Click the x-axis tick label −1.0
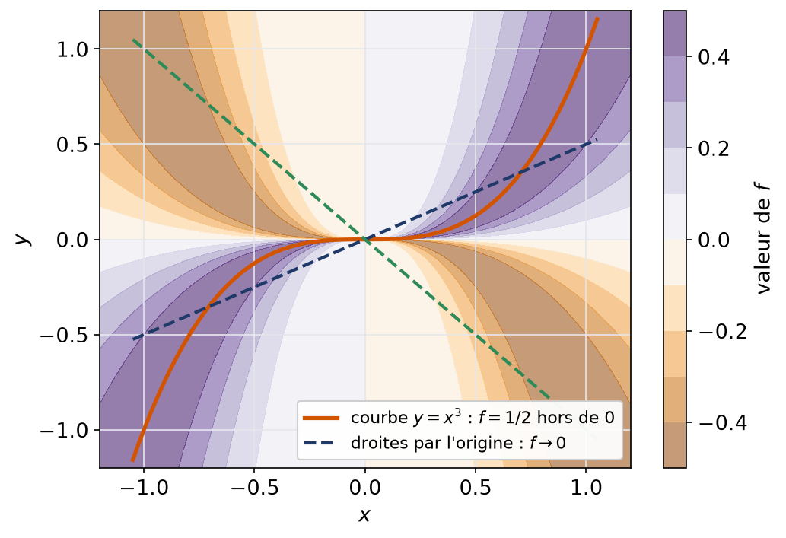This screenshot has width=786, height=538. tap(144, 487)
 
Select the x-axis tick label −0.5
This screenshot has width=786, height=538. tap(254, 487)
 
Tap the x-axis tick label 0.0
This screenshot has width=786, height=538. tap(365, 487)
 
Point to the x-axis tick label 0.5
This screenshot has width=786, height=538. tap(476, 487)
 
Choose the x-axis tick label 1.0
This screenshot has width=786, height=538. tap(585, 487)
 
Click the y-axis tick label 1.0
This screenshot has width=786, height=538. tap(72, 49)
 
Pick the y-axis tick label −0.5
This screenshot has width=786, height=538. tap(63, 335)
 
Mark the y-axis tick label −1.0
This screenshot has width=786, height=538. tap(63, 430)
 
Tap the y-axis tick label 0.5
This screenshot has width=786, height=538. tap(72, 145)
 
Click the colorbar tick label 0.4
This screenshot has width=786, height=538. tap(714, 57)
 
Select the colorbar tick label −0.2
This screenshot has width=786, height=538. tap(722, 332)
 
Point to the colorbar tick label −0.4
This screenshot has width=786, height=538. tap(722, 422)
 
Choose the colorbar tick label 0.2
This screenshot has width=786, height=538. tap(714, 148)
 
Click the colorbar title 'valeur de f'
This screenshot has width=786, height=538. tap(762, 239)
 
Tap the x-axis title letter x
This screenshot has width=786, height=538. tap(364, 514)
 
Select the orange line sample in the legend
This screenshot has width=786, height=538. tap(321, 418)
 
